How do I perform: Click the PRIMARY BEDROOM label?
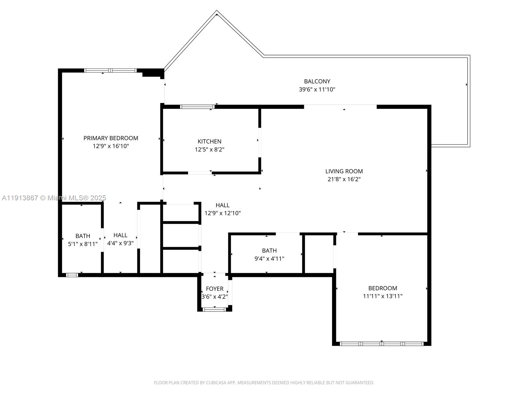[x=111, y=138]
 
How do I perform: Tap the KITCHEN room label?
[x=210, y=141]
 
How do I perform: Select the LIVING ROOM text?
[x=344, y=171]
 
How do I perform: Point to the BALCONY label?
[x=317, y=81]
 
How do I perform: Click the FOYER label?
[x=214, y=288]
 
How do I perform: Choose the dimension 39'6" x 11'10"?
[x=317, y=89]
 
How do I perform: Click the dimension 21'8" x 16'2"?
[x=344, y=179]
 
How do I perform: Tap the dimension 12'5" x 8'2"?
[x=210, y=149]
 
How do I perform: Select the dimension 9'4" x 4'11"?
[x=269, y=259]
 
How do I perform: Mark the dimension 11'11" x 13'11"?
[x=383, y=296]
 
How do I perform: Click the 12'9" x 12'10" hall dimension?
[x=223, y=213]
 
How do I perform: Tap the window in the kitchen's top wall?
[x=197, y=107]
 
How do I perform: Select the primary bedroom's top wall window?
[x=110, y=70]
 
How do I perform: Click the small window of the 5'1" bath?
[x=72, y=275]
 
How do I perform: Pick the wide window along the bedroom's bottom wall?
[x=382, y=344]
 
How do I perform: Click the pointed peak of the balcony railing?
[x=216, y=12]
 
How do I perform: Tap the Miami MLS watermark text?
[x=54, y=198]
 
